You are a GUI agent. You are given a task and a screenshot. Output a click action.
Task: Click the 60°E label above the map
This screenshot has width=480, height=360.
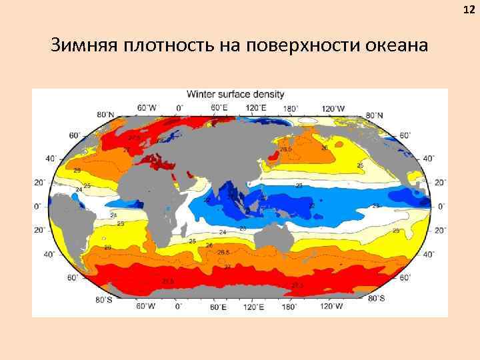coord(220,107)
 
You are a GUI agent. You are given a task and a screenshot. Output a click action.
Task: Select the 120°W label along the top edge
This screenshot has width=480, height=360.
coord(333,108)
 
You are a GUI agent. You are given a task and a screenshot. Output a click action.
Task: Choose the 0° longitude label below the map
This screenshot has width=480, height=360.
coord(179,307)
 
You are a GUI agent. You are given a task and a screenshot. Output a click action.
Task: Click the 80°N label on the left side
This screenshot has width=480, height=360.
coord(105,115)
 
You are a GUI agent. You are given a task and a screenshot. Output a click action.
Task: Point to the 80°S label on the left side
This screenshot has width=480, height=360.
coord(103,301)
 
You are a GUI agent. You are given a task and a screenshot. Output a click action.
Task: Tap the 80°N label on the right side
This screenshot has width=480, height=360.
coord(374,115)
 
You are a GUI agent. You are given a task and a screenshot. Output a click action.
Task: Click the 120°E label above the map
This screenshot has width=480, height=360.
coord(257,107)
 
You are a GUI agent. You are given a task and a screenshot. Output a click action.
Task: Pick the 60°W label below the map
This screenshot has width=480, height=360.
coord(147,307)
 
